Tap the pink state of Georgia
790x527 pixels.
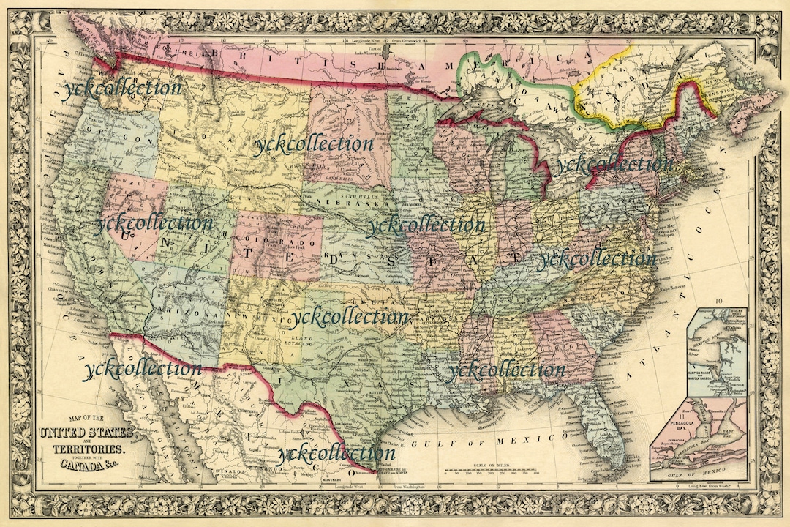(x=556, y=344)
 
